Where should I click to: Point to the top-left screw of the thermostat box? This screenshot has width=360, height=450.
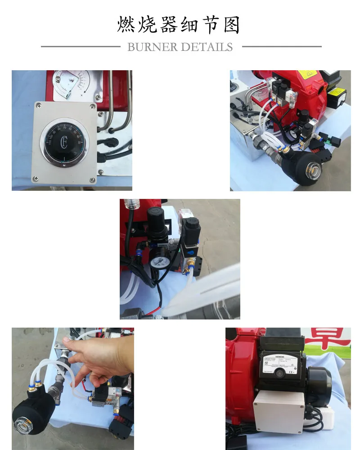39,107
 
